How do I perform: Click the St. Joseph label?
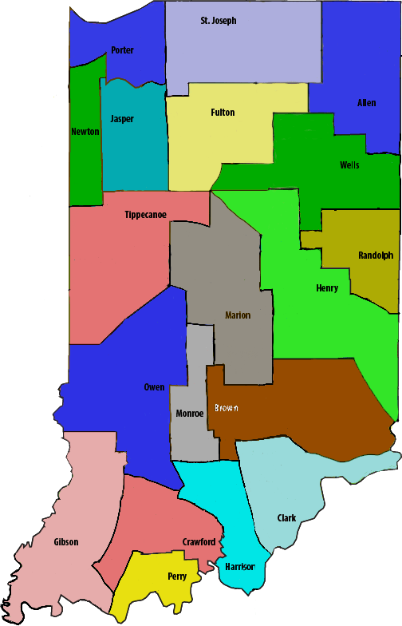(219, 21)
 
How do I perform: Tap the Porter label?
(122, 50)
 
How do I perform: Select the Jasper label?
(122, 119)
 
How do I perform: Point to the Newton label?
(85, 132)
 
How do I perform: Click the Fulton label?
(223, 113)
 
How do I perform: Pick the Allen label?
(366, 103)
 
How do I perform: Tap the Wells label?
(349, 165)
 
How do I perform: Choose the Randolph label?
(376, 256)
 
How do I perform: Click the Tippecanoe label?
(145, 215)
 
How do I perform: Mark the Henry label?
(327, 288)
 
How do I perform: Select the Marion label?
(238, 315)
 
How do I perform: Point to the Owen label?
(154, 388)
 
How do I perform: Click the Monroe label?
(190, 414)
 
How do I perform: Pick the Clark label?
(286, 518)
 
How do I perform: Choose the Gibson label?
(66, 542)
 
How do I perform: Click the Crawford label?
(198, 542)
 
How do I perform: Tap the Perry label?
(177, 576)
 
